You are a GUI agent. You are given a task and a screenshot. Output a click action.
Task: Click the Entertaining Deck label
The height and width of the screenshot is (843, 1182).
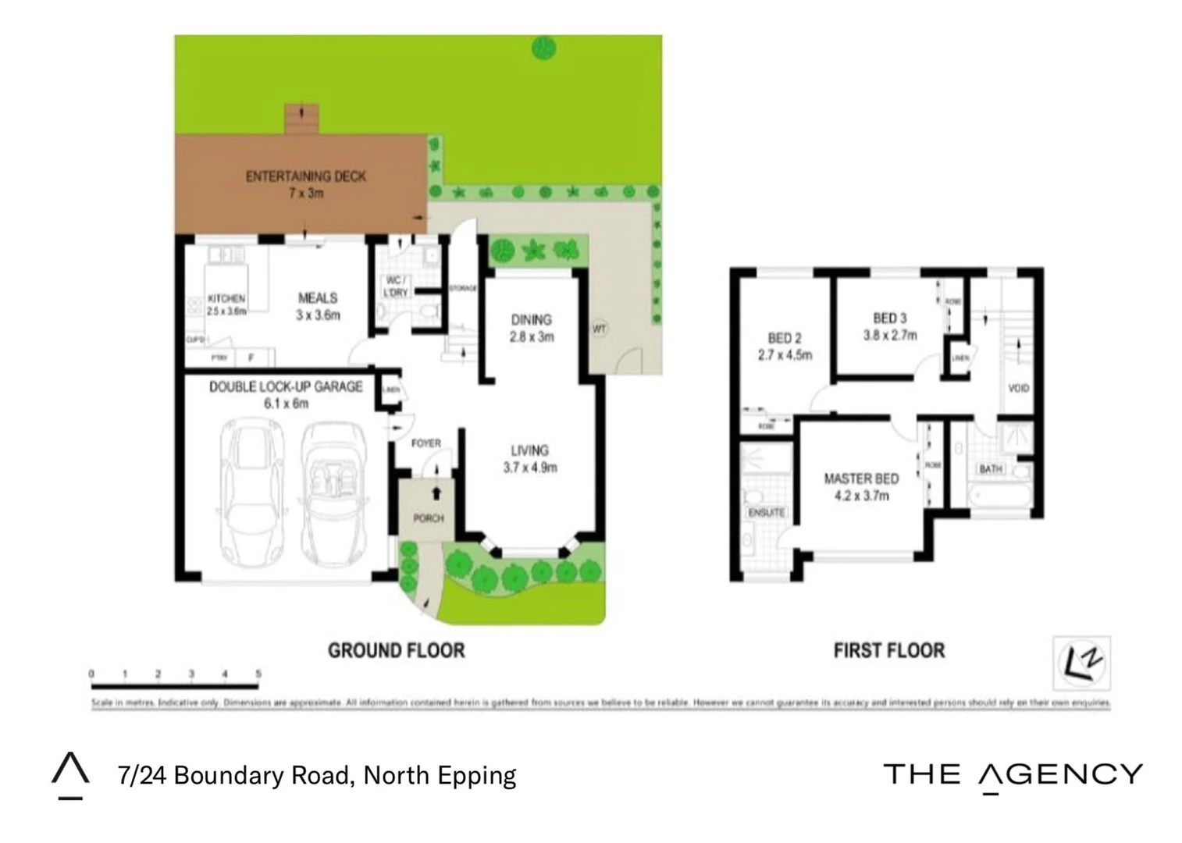pos(305,184)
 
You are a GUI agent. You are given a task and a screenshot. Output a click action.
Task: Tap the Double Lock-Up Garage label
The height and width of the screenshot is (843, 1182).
pos(286,394)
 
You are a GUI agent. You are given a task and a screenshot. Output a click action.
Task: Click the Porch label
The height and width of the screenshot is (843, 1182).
pos(428,518)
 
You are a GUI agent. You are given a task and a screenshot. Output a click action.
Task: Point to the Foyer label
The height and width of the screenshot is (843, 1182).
pos(426,443)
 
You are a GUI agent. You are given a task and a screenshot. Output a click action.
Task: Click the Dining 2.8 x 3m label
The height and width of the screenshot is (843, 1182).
pos(531,328)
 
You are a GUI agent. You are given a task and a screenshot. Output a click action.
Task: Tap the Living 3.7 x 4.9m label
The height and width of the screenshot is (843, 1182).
pos(530,459)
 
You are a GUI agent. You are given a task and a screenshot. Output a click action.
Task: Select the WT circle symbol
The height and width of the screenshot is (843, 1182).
pos(599,329)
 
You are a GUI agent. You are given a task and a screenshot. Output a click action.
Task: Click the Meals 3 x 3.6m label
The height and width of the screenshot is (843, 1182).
pos(318,306)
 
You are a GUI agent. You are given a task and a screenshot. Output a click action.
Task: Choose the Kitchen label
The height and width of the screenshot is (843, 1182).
pos(226,304)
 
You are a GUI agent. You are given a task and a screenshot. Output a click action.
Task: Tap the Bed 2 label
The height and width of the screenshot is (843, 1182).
pos(785,346)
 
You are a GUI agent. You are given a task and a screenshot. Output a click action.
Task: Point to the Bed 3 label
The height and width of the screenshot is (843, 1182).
pos(889,326)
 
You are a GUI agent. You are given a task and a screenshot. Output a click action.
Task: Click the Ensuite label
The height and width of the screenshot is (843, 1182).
pos(766,513)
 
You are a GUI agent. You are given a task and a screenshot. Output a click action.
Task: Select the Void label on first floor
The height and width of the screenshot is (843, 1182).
pos(1018,388)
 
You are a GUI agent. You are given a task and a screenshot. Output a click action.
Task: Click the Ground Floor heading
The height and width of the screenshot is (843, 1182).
pos(396,650)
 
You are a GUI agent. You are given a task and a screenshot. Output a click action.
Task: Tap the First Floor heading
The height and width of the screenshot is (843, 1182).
pos(888,650)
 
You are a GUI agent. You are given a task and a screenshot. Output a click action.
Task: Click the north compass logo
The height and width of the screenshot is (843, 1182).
pos(1081,663)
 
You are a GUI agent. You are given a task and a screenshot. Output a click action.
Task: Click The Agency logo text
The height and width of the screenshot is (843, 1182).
pos(1013,774)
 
